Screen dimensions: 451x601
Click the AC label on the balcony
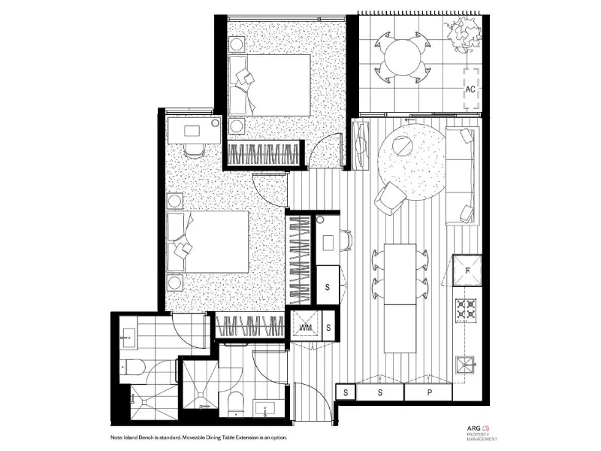(x=471, y=89)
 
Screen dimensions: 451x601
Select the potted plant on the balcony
(x=460, y=33)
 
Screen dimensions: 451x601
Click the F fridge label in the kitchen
(x=467, y=270)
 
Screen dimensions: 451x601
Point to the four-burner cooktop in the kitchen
(x=467, y=309)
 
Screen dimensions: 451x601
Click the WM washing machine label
(x=306, y=327)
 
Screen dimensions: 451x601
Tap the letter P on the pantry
(x=429, y=392)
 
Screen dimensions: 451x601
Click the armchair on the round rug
(x=391, y=198)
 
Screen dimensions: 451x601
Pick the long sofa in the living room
(x=461, y=174)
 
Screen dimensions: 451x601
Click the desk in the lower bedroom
(x=194, y=130)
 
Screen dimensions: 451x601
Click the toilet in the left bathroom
(x=136, y=368)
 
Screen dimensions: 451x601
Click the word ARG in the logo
(x=475, y=425)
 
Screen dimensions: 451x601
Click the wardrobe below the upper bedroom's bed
(x=264, y=156)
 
